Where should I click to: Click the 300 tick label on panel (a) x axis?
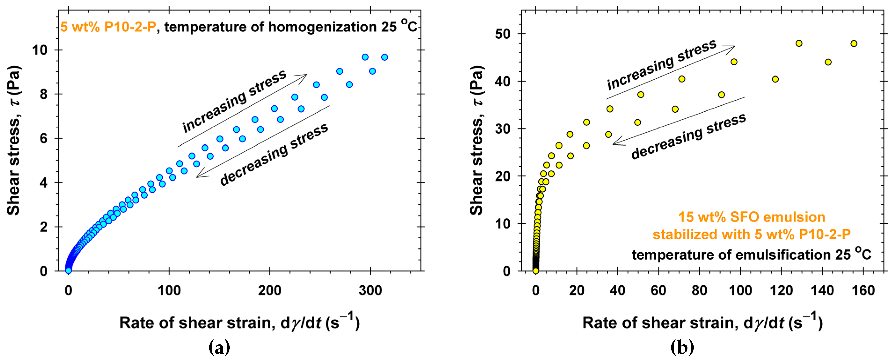(370, 291)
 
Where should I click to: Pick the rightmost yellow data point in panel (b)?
(854, 44)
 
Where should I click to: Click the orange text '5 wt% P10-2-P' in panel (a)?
(108, 27)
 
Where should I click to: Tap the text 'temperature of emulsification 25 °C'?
(751, 255)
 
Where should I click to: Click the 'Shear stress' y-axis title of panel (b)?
(477, 141)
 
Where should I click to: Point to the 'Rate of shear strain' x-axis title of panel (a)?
(240, 323)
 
